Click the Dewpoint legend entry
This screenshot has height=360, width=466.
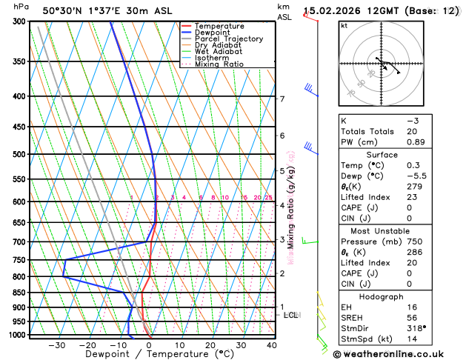212,33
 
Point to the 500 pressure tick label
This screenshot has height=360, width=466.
20,155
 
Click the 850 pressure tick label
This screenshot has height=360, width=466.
20,293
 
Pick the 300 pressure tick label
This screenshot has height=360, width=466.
20,21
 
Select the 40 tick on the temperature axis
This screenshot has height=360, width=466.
272,345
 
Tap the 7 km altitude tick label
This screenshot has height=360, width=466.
282,99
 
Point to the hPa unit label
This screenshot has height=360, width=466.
21,7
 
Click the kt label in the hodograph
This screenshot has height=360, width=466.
344,26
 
